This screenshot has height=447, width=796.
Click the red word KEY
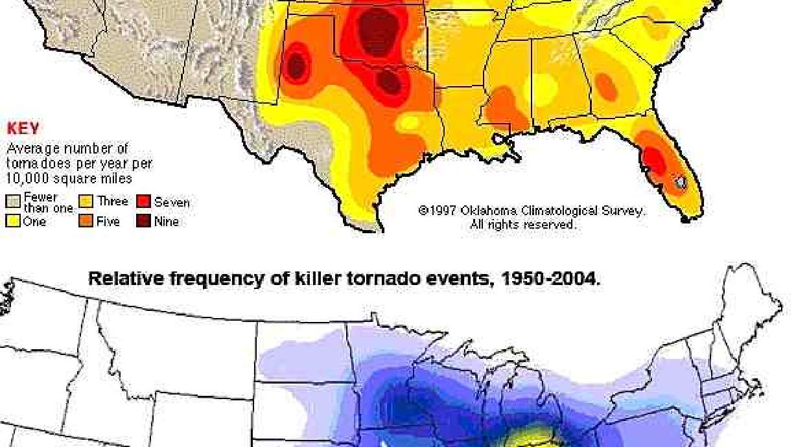point(23,129)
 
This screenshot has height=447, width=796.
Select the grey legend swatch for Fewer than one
point(13,201)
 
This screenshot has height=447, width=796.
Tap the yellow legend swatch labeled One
point(13,222)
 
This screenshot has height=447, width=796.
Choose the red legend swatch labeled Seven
point(143,201)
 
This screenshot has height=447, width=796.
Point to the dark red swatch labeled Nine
point(143,222)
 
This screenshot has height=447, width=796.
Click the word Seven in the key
point(172,202)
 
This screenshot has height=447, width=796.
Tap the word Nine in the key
point(167,222)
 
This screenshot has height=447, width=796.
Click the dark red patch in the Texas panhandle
point(296,65)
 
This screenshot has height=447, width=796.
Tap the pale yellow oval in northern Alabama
point(543,87)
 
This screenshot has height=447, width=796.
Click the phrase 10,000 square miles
point(69,178)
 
